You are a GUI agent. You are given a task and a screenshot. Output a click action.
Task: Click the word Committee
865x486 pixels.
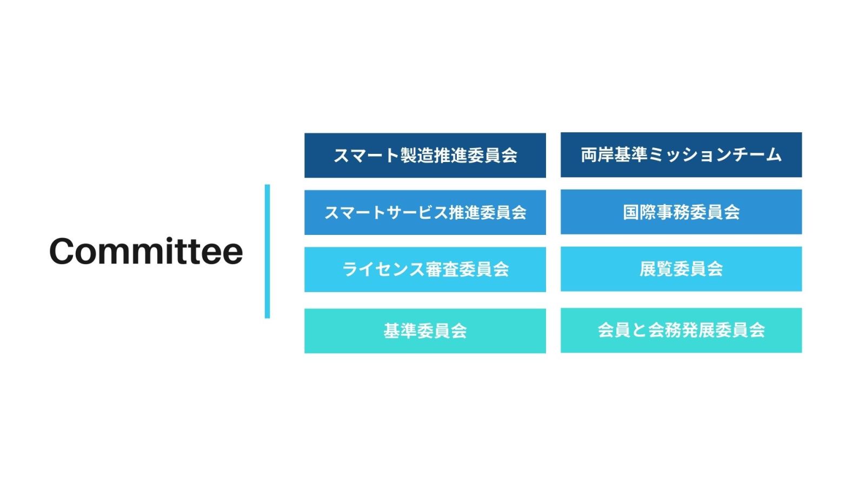coord(146,251)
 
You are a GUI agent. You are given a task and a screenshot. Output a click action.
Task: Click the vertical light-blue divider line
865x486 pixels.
coord(267,252)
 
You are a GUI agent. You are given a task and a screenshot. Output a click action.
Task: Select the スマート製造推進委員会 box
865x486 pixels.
coord(425,156)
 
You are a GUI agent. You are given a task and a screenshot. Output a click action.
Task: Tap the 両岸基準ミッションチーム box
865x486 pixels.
coord(681,154)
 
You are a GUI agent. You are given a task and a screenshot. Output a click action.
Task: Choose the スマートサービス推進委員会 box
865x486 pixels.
coord(425,213)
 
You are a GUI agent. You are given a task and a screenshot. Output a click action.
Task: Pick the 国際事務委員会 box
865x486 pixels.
coord(681,212)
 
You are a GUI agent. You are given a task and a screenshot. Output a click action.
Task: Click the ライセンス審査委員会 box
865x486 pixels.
coord(425,269)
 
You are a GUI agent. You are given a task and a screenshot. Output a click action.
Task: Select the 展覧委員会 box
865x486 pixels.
coord(681,269)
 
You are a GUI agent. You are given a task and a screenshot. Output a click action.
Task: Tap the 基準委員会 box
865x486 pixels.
coord(425,331)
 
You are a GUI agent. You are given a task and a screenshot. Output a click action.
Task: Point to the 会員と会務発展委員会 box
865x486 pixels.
coord(681,330)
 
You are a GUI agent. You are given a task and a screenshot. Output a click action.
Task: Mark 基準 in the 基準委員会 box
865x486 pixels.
coord(400,331)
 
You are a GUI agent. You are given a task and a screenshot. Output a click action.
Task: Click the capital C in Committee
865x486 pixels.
coord(62,251)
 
